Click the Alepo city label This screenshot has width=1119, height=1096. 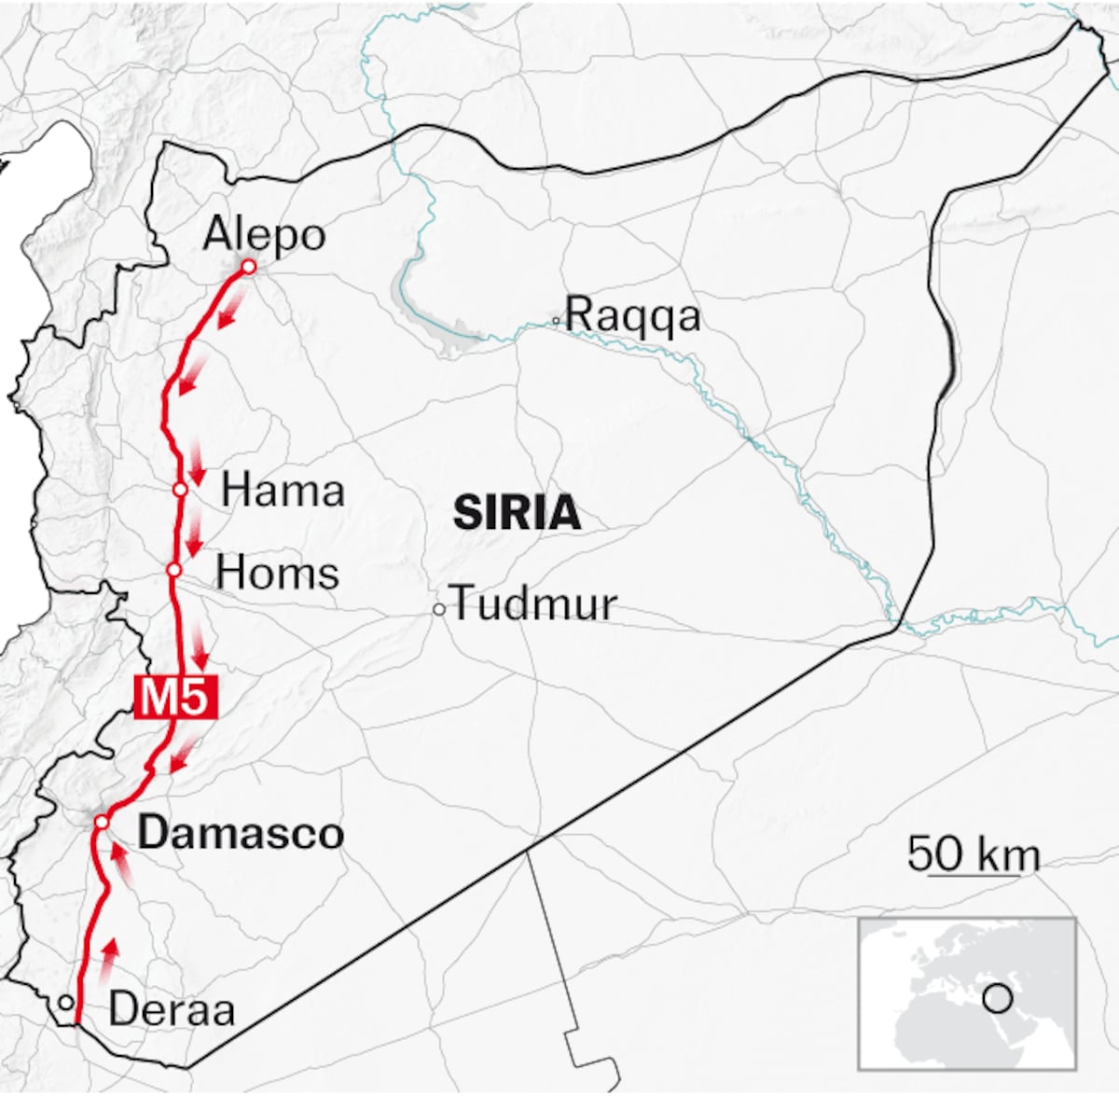click(264, 233)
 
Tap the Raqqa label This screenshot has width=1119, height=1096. click(632, 314)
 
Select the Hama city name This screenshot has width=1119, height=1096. click(283, 490)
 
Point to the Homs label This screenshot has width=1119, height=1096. click(278, 572)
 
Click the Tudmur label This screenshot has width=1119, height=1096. click(534, 604)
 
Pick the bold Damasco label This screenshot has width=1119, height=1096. click(241, 832)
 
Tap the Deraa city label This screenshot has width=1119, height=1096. click(172, 1009)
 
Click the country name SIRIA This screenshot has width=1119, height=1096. click(517, 514)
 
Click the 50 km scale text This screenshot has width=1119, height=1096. click(974, 853)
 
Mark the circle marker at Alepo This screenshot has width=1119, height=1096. click(248, 267)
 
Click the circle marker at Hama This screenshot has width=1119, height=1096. click(180, 489)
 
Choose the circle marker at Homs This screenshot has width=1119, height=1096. click(173, 569)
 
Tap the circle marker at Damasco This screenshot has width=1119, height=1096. click(102, 821)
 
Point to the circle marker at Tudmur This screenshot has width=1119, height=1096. click(438, 609)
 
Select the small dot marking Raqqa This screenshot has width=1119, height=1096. click(555, 321)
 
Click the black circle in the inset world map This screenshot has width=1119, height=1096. click(998, 999)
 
